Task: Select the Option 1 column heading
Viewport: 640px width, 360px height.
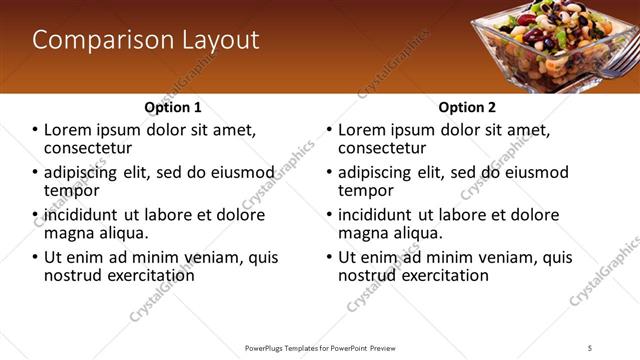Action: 173,107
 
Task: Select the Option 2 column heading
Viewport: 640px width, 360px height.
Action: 467,107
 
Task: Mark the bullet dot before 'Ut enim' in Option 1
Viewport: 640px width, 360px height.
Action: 36,257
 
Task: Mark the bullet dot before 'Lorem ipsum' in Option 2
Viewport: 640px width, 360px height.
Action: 330,130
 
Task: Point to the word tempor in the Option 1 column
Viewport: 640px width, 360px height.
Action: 71,190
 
